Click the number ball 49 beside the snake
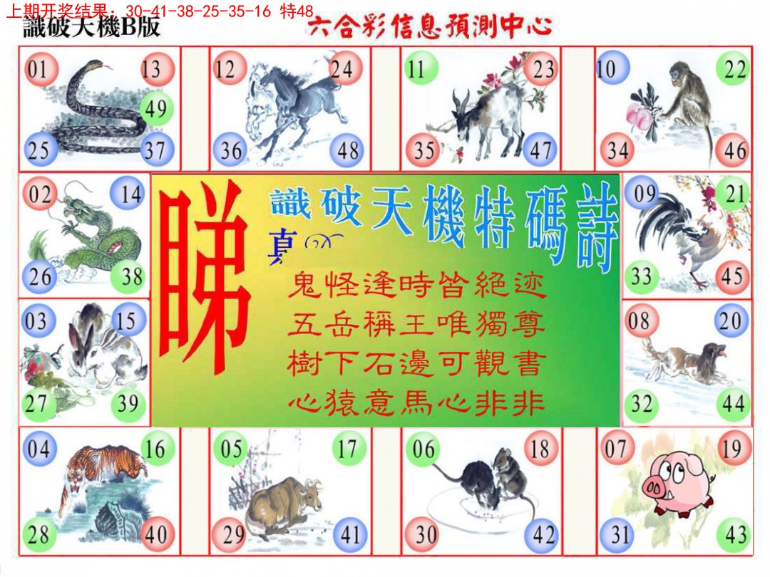click(154, 109)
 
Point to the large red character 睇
click(204, 278)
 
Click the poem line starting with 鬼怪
click(417, 288)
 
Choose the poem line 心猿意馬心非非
click(417, 404)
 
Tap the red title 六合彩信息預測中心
click(430, 28)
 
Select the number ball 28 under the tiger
click(38, 534)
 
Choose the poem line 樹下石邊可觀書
click(417, 365)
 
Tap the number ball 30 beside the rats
click(423, 534)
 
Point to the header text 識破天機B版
click(91, 28)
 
